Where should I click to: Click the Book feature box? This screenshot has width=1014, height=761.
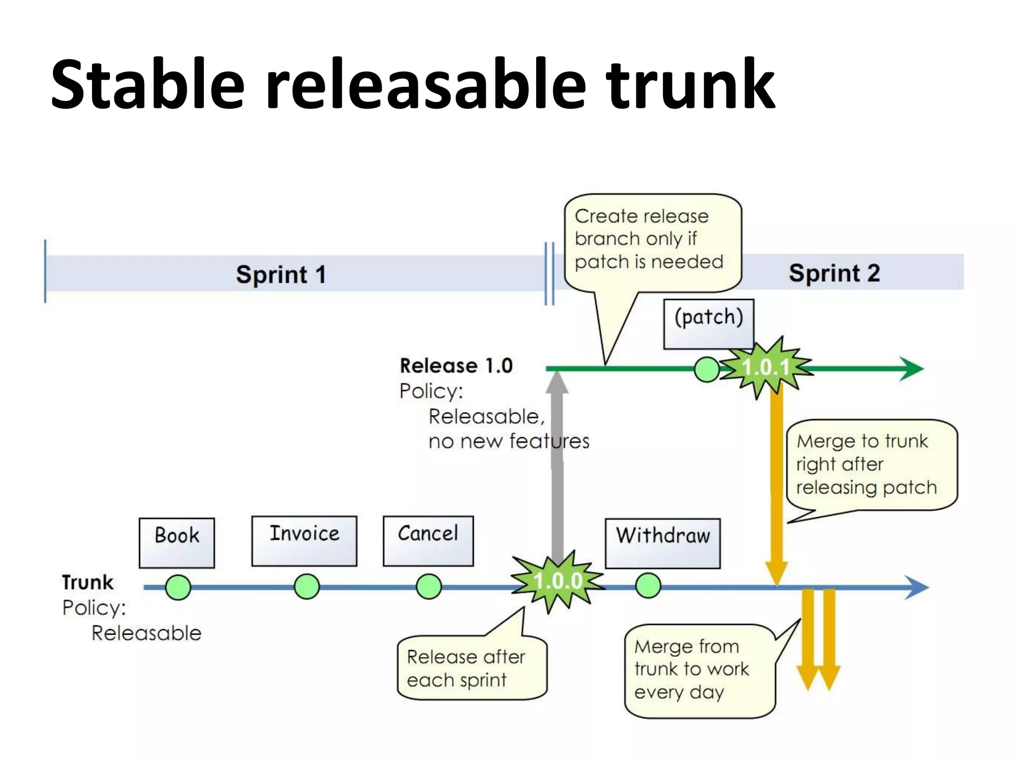tap(177, 543)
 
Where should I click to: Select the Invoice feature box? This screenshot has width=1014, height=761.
tap(304, 541)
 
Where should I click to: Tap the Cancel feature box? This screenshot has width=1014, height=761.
tap(428, 541)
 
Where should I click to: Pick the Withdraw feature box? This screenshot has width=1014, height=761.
tap(662, 543)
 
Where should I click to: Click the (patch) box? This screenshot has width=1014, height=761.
tap(709, 324)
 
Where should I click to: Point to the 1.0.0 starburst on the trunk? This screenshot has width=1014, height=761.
tap(558, 581)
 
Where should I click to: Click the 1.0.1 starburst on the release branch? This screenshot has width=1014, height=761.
tap(765, 368)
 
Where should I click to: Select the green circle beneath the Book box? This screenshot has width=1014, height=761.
tap(178, 587)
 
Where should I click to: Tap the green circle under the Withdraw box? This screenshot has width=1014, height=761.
tap(648, 586)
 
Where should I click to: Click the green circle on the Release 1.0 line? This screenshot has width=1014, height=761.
tap(707, 370)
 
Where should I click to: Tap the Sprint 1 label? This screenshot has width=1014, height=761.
tap(281, 274)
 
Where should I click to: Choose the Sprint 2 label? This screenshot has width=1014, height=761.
tap(834, 273)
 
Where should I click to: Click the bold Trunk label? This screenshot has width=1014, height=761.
tap(88, 582)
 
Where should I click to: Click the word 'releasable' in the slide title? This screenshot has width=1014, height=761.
tap(426, 84)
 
